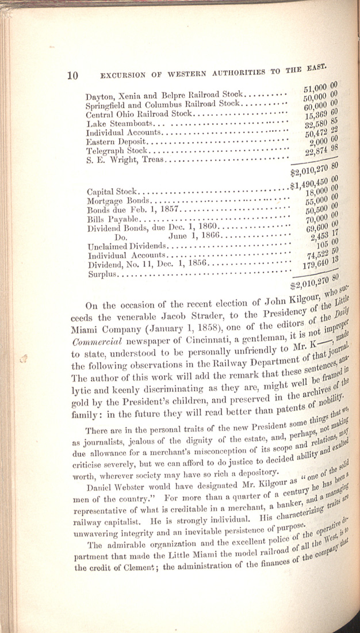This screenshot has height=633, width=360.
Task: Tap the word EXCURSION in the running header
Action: [x=121, y=75]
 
